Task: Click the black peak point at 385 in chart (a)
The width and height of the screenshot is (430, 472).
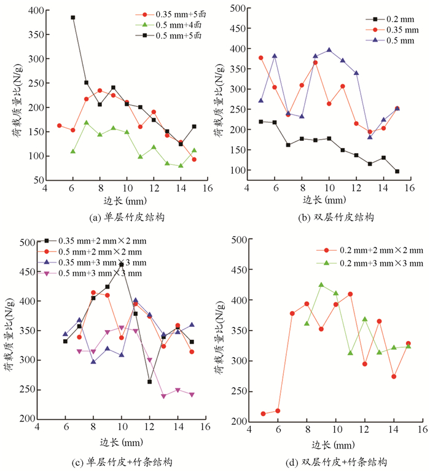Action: [72, 17]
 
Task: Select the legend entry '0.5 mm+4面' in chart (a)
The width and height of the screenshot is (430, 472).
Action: [167, 23]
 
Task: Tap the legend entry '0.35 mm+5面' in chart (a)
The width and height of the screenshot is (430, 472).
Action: [167, 14]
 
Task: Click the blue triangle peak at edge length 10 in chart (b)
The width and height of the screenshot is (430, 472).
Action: [329, 50]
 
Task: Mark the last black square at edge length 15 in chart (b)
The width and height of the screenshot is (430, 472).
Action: [397, 171]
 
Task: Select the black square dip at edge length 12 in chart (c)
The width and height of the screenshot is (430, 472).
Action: [149, 382]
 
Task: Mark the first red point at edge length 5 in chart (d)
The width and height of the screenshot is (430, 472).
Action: [263, 414]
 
